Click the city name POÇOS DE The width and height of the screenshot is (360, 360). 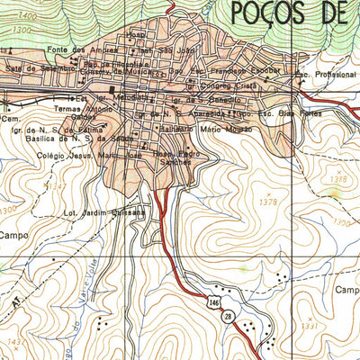click(293, 13)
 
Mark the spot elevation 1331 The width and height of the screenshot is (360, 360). click(311, 326)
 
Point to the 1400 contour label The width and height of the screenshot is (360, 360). click(27, 17)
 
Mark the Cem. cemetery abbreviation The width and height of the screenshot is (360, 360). click(10, 117)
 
